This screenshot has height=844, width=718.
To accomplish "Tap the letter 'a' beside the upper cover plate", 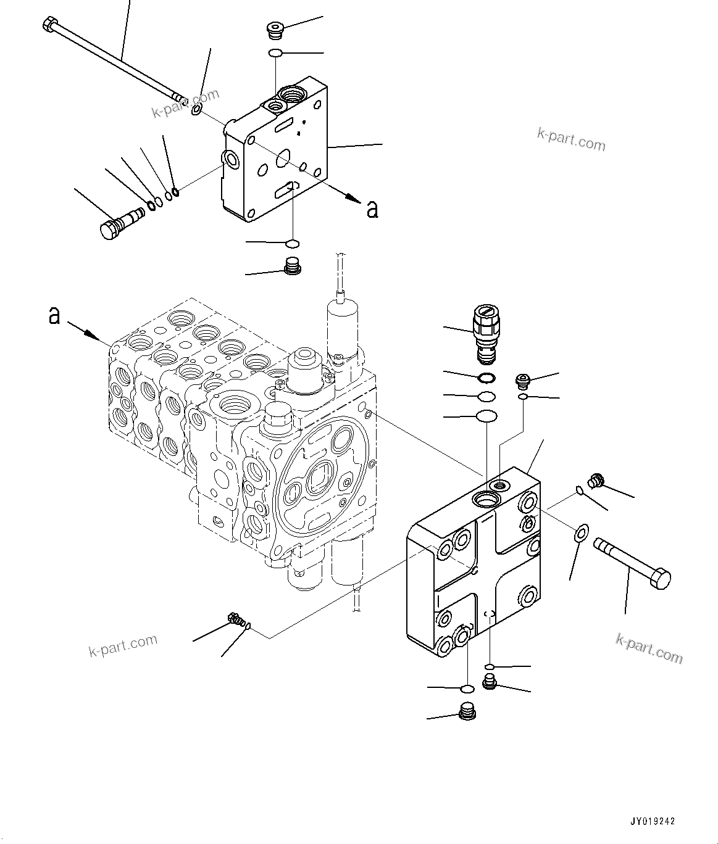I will [x=372, y=209].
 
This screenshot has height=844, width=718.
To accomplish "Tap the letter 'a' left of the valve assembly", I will [x=54, y=316].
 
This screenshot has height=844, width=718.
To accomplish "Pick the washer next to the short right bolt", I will [x=581, y=532].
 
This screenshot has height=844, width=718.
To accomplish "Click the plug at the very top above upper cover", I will [x=273, y=29].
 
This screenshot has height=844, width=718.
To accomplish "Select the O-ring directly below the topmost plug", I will [x=276, y=54].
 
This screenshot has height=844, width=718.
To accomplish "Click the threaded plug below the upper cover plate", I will [x=291, y=267].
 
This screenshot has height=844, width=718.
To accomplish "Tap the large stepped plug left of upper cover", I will [x=120, y=222].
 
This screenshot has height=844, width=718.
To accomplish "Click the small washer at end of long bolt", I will [x=196, y=110].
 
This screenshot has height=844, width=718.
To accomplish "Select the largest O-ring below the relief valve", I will [x=486, y=416].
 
